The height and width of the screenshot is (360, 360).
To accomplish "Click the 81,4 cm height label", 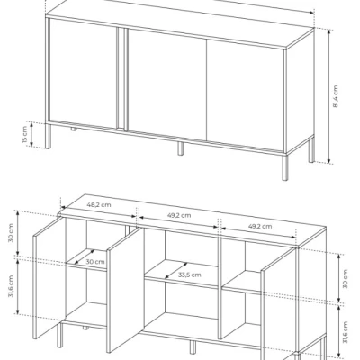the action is (335, 96).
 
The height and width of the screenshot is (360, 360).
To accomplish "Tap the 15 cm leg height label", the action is (25, 135).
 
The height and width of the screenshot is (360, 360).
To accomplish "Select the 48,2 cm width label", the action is (99, 205).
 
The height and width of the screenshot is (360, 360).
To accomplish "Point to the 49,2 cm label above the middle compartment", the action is (178, 215).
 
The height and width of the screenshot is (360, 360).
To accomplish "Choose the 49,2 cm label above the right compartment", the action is (260, 226).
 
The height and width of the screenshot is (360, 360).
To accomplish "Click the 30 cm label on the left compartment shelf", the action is (95, 262).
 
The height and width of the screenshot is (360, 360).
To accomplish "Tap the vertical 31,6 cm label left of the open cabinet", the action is (11, 286).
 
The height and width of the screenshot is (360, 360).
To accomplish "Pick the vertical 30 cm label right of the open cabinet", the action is (345, 279).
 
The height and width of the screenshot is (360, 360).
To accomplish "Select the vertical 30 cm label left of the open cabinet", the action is (11, 232).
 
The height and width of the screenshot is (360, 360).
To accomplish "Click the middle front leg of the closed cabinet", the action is (180, 148).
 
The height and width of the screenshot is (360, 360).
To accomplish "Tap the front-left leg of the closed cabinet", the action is (48, 136).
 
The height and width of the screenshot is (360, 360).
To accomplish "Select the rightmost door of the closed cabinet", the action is (245, 95).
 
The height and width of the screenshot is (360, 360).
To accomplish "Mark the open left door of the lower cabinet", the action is (49, 278).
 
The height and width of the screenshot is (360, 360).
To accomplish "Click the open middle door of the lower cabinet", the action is (124, 290).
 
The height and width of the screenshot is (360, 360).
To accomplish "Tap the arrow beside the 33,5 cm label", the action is (176, 271).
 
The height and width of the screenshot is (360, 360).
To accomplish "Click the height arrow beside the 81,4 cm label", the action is (329, 96).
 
